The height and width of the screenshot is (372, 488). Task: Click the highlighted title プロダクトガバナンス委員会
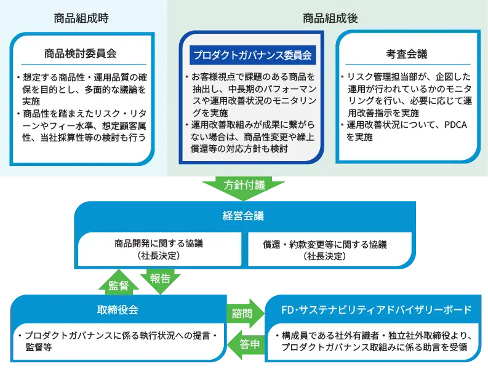pyautogui.click(x=252, y=55)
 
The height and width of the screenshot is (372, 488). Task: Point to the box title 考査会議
pyautogui.click(x=407, y=53)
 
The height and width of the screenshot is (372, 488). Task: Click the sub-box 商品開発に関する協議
pyautogui.click(x=159, y=248)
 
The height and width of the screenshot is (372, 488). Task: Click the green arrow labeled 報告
pyautogui.click(x=160, y=278)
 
